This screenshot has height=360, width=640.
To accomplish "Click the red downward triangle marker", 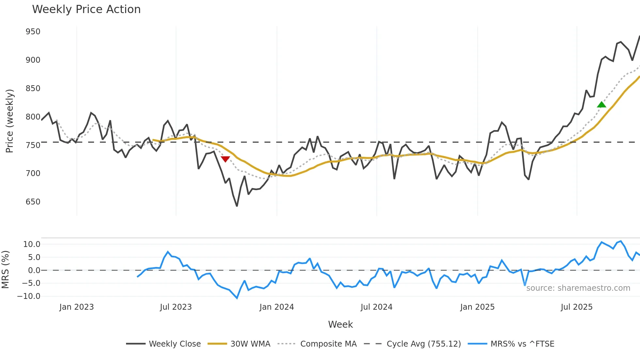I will (x=225, y=159).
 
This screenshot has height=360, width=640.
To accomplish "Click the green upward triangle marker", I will (x=601, y=105).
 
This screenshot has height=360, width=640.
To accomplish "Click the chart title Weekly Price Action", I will (x=86, y=9).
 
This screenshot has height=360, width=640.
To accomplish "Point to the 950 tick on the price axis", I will (x=33, y=32).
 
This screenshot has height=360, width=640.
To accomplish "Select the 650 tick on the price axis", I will (x=33, y=202).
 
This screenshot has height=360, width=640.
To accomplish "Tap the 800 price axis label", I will (x=33, y=117).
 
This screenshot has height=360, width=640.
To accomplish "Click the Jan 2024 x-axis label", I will (x=277, y=307).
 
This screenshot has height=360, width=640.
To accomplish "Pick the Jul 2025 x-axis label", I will (x=576, y=307).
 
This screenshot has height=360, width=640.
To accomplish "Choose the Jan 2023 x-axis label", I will (x=76, y=307).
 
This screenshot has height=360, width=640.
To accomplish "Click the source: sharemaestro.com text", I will (x=578, y=288).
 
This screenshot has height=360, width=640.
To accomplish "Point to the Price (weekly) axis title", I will (x=10, y=121).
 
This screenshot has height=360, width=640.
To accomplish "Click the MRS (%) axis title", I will (x=5, y=270).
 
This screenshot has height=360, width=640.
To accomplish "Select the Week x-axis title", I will (x=340, y=324).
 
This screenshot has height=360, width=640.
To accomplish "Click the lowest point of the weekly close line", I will (x=237, y=206).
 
